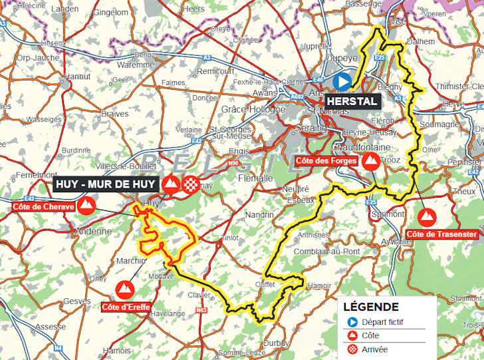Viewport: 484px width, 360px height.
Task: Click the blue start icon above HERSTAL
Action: pyautogui.click(x=342, y=82)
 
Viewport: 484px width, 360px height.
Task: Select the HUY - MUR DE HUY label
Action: pyautogui.click(x=104, y=184)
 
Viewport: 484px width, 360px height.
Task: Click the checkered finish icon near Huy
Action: pyautogui.click(x=191, y=184)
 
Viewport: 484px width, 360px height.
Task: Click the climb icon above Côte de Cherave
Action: pyautogui.click(x=84, y=206)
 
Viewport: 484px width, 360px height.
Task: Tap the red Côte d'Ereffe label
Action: pyautogui.click(x=125, y=307)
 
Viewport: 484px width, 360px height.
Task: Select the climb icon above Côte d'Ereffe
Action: pyautogui.click(x=124, y=289)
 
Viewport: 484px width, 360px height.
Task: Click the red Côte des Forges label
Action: pyautogui.click(x=326, y=161)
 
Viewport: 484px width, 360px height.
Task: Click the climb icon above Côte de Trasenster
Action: pyautogui.click(x=427, y=216)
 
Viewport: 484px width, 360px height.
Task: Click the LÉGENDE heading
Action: pyautogui.click(x=372, y=307)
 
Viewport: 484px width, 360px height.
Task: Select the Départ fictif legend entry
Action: pyautogui.click(x=382, y=322)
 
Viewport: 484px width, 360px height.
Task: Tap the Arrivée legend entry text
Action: pyautogui.click(x=375, y=349)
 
